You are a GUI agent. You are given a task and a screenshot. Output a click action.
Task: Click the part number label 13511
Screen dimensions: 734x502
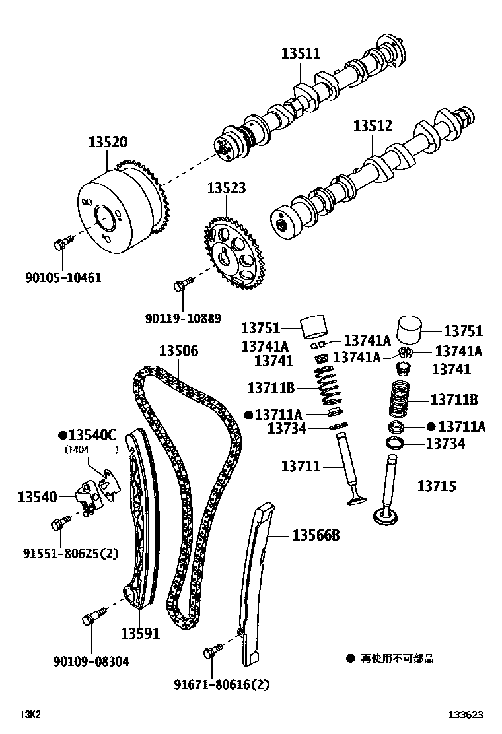coord(301,54)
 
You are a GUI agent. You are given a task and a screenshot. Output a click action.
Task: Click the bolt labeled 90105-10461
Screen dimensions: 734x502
coord(61,244)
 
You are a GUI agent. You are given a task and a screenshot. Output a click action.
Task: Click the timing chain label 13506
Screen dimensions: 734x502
coord(178,352)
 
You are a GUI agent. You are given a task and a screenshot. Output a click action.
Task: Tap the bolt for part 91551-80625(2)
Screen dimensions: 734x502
coord(57,525)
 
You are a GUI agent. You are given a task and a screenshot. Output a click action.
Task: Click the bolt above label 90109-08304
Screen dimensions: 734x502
coord(90,620)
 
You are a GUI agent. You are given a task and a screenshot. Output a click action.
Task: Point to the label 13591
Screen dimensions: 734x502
coord(140,633)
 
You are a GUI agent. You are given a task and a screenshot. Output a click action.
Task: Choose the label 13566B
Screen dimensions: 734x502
coord(315,535)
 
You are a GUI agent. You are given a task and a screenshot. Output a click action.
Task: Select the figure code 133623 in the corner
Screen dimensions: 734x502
coord(466,714)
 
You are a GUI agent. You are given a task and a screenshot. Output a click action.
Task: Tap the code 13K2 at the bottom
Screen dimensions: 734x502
coord(30,714)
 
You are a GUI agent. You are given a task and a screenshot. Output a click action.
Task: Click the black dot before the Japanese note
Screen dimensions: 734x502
coord(350,658)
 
